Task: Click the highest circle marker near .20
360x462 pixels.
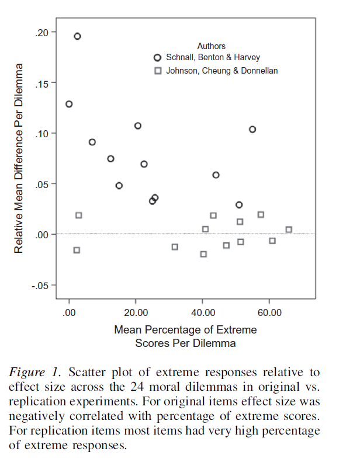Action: point(77,36)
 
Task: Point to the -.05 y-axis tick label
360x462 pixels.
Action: point(40,285)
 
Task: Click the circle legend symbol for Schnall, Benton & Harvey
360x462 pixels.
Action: point(157,58)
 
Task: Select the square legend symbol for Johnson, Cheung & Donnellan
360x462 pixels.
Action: point(157,71)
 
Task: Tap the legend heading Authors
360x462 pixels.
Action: point(211,46)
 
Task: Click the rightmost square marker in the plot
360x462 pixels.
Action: point(289,230)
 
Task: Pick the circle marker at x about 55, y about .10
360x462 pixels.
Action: point(252,129)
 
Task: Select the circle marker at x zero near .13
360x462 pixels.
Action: point(69,104)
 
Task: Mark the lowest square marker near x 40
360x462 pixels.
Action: point(203,254)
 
